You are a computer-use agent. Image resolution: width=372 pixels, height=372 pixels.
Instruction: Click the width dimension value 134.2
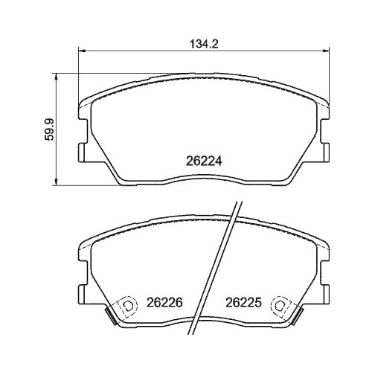pos(202,43)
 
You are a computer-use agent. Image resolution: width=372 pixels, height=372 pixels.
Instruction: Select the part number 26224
pos(203,159)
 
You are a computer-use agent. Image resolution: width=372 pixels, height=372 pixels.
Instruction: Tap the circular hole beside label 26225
pos(280,304)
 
